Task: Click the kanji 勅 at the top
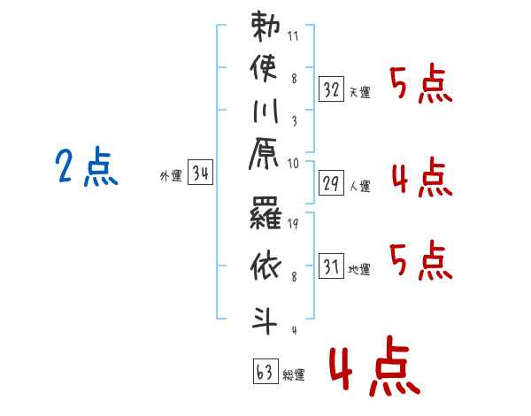click(x=265, y=27)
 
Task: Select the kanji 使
click(x=264, y=68)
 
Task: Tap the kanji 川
click(x=265, y=111)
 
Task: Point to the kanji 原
click(x=264, y=153)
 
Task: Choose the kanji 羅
click(x=265, y=212)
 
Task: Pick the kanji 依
click(x=265, y=266)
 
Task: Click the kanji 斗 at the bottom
click(x=264, y=320)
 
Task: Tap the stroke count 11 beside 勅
click(x=293, y=36)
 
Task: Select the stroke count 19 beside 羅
click(x=293, y=224)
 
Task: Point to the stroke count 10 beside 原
click(x=293, y=164)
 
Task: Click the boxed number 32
click(x=331, y=89)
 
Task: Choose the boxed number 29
click(x=331, y=183)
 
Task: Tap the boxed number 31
click(x=331, y=266)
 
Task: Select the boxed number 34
click(x=200, y=172)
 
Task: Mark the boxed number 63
click(x=265, y=371)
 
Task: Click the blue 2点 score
click(x=87, y=166)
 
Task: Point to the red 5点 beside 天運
click(x=421, y=83)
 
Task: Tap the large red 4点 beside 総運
click(x=375, y=366)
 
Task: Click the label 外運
click(x=171, y=176)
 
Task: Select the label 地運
click(x=359, y=270)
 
